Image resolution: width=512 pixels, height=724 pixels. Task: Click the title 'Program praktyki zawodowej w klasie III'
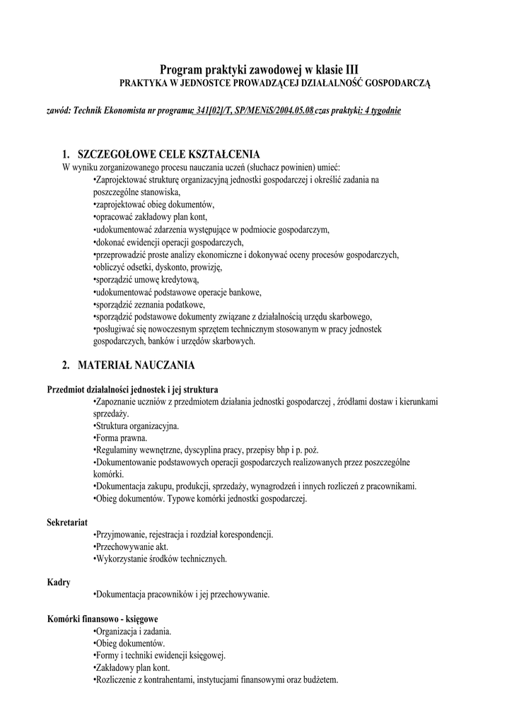click(x=259, y=69)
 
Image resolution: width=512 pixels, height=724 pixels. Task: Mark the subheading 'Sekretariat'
click(x=67, y=522)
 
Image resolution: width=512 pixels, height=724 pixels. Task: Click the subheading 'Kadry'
click(x=58, y=582)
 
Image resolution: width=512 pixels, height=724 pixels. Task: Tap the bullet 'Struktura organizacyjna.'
click(x=136, y=426)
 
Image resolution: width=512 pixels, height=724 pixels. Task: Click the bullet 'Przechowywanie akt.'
click(x=131, y=547)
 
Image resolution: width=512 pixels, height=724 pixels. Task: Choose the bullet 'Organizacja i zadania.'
click(x=132, y=631)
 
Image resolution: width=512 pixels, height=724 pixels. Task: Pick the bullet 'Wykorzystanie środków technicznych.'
click(x=160, y=559)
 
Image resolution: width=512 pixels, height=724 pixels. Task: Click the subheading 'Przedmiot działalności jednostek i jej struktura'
click(x=132, y=389)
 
